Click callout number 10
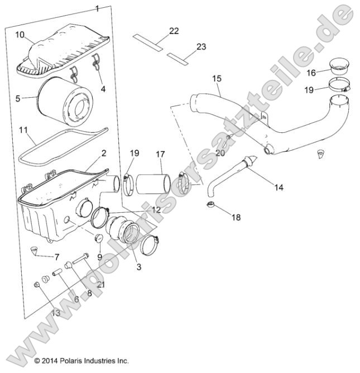[20, 35]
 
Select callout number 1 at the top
[97, 8]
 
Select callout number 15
[217, 79]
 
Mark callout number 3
[139, 267]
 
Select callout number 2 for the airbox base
[103, 153]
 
